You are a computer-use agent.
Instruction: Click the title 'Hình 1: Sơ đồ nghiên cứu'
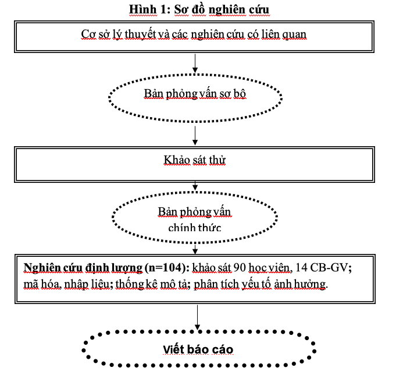click(199, 10)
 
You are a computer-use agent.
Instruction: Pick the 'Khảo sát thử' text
click(194, 160)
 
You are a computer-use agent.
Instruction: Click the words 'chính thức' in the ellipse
click(194, 228)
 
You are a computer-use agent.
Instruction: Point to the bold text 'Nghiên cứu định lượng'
click(83, 268)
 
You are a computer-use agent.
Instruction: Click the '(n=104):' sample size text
click(167, 268)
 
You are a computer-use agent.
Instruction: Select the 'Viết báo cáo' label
click(198, 349)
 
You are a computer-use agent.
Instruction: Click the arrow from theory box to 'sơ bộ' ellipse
click(195, 63)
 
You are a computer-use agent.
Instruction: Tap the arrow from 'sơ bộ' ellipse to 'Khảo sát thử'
click(195, 136)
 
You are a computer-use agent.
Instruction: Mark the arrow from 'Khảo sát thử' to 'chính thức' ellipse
click(195, 186)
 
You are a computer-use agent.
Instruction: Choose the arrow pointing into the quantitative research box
click(195, 249)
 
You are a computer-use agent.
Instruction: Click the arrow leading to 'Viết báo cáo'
click(198, 317)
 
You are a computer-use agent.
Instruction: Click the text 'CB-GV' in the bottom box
click(329, 268)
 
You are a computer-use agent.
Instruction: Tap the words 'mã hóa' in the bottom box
click(42, 284)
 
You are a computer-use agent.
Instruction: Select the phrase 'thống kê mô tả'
click(152, 284)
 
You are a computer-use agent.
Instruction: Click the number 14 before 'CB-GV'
click(301, 268)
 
